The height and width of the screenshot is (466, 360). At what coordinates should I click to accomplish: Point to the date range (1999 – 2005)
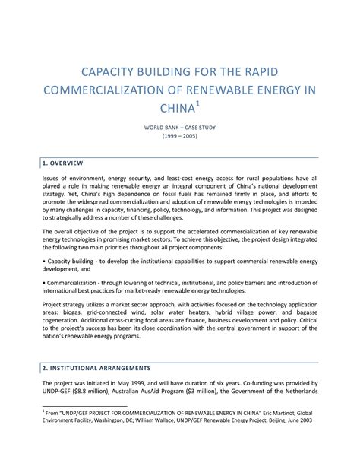[180, 141]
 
